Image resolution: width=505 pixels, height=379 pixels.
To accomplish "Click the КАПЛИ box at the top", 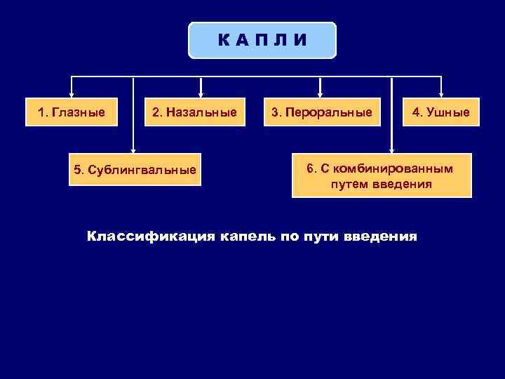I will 262,40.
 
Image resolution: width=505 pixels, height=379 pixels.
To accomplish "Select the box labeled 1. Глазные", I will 72,112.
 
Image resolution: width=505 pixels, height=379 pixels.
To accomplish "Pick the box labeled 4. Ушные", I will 441,112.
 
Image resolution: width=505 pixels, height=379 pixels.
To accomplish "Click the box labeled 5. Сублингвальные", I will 135,170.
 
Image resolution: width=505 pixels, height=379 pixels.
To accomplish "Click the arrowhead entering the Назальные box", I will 201,93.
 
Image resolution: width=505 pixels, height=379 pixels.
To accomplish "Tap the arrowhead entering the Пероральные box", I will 321,93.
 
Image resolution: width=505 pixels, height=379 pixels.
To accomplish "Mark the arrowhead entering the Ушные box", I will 441,93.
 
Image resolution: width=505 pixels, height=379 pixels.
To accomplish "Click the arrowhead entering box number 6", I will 391,149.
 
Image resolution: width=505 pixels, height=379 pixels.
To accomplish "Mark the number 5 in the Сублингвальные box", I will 78,171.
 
